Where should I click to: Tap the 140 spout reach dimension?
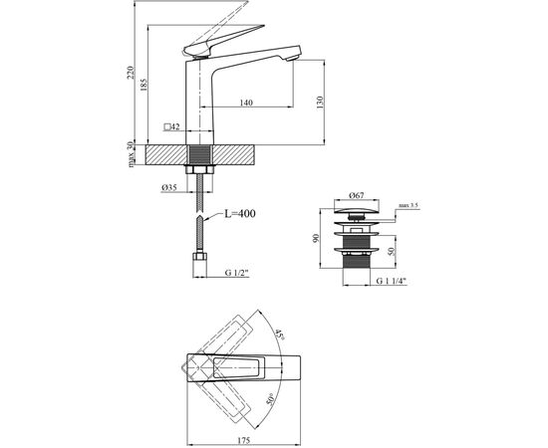[x=245, y=101]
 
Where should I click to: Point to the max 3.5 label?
[x=410, y=205]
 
